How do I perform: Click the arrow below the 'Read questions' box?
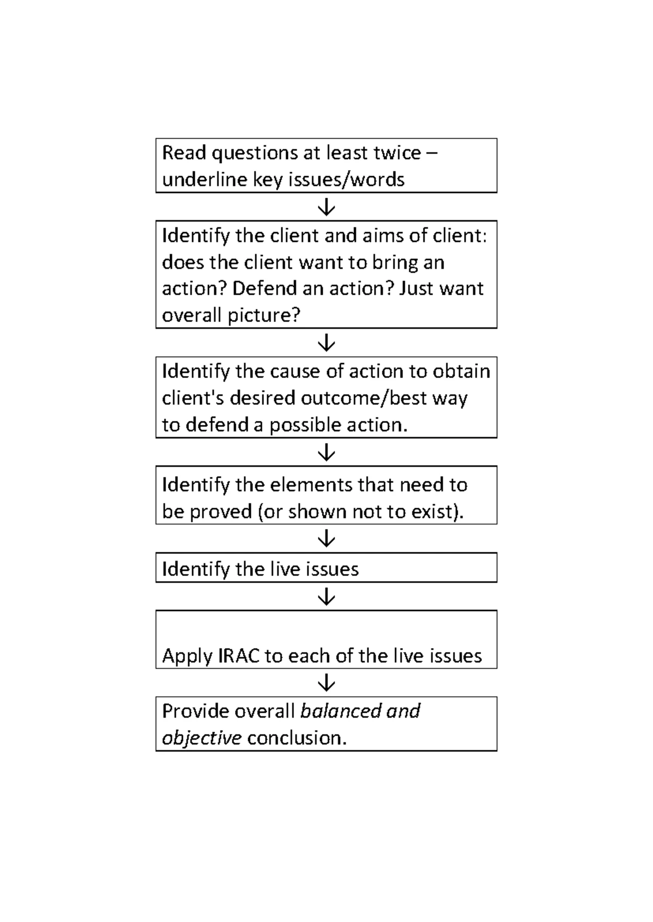[x=326, y=207]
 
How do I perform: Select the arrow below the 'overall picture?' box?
[x=326, y=342]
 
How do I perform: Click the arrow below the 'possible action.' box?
[x=326, y=452]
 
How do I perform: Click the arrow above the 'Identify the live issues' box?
[x=326, y=539]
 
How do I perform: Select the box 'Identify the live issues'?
[x=326, y=568]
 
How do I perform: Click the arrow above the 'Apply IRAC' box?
[x=326, y=597]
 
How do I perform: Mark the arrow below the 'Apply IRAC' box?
[x=326, y=683]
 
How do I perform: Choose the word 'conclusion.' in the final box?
[x=297, y=738]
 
